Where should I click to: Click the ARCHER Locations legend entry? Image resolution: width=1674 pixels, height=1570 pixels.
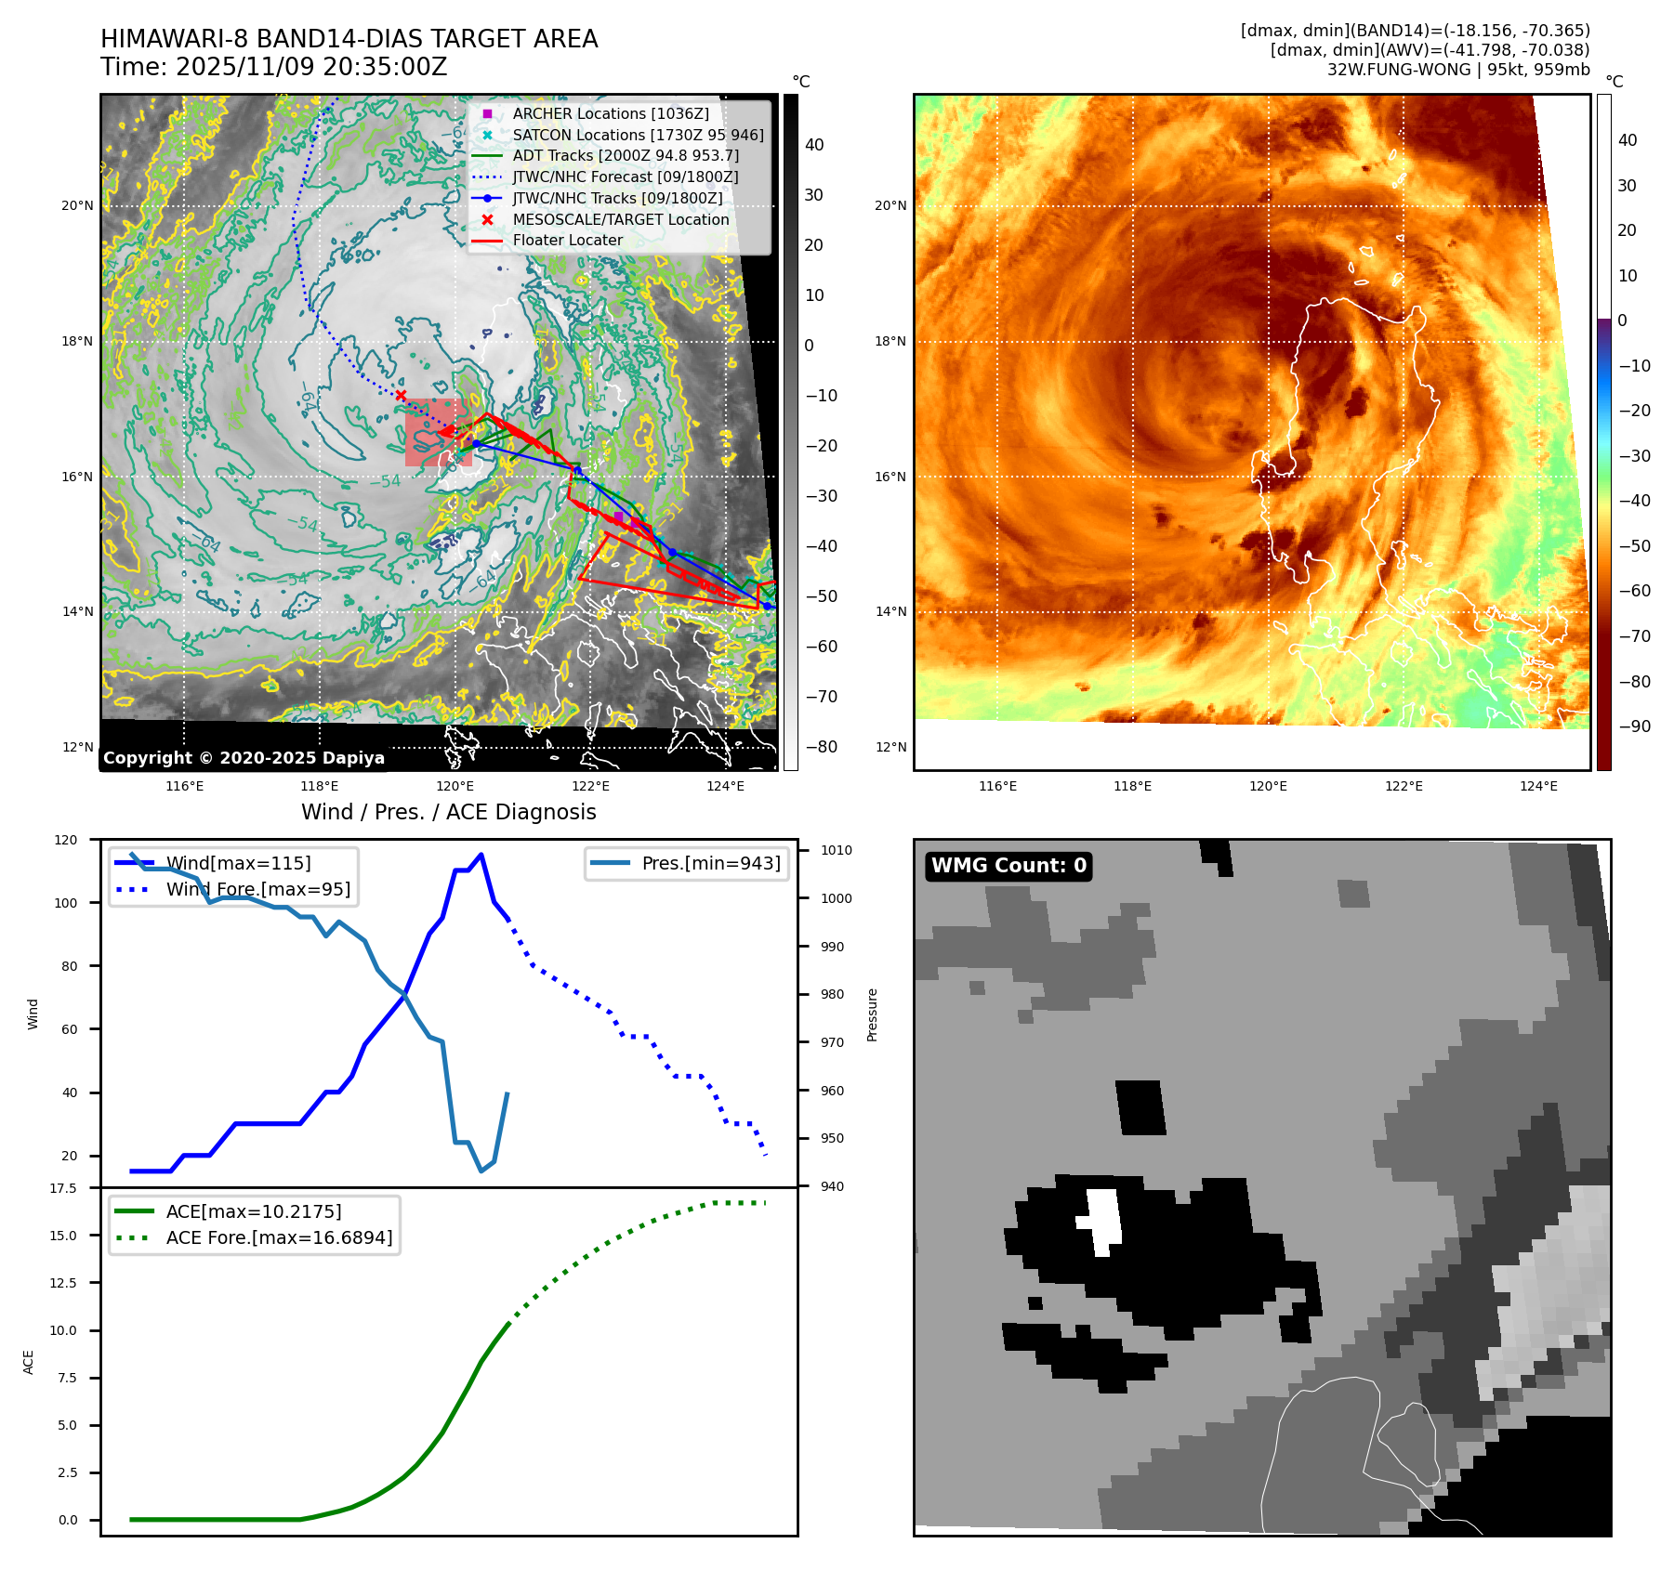coord(610,113)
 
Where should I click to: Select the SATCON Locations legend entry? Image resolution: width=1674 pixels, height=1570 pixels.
coord(638,135)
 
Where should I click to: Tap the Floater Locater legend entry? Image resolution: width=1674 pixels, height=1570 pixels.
coord(567,240)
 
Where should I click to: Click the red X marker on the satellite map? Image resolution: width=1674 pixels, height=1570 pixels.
coord(401,396)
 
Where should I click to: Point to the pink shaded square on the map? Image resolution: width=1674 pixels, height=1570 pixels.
coord(437,433)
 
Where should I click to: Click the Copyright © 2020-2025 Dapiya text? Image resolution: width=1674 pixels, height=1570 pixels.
coord(244,758)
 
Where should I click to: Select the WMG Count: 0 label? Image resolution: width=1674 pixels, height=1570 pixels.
coord(1008,866)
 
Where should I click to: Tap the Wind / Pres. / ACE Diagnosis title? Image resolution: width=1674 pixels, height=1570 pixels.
coord(449,812)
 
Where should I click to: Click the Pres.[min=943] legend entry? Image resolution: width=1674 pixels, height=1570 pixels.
coord(710,863)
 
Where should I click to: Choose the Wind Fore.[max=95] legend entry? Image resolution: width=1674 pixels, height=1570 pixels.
coord(257,889)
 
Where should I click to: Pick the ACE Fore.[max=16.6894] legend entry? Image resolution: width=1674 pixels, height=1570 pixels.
coord(279,1237)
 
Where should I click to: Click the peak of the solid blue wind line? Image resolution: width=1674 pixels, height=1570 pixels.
coord(481,855)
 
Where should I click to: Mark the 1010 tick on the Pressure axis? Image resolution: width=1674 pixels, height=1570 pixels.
coord(836,850)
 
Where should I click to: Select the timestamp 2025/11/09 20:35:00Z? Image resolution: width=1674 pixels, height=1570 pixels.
coord(311,67)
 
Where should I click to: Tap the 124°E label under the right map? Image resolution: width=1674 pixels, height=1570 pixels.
coord(1538,786)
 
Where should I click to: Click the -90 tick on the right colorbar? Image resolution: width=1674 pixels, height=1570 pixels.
coord(1634,726)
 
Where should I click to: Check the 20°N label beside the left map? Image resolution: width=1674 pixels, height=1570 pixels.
coord(77,205)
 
